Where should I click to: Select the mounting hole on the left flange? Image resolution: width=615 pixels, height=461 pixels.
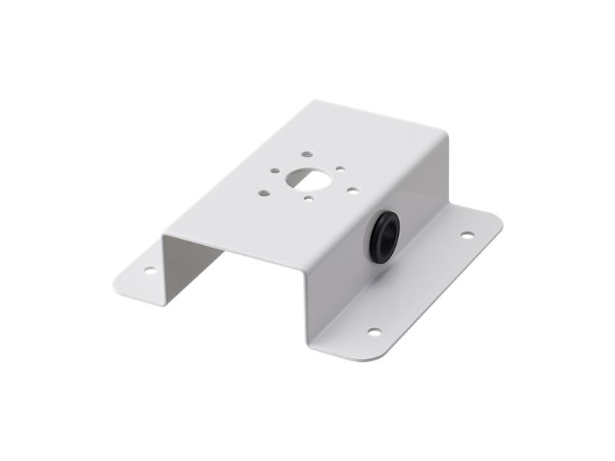[x=150, y=270]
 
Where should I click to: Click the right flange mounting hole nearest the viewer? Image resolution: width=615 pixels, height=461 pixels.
[x=374, y=332]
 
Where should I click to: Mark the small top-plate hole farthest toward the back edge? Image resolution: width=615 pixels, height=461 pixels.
[x=306, y=154]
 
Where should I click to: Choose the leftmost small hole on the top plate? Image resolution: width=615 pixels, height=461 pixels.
[x=263, y=192]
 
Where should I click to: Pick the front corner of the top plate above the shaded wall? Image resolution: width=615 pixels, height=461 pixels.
[x=164, y=237]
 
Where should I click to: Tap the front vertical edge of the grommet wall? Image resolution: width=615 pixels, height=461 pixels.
[x=308, y=307]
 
